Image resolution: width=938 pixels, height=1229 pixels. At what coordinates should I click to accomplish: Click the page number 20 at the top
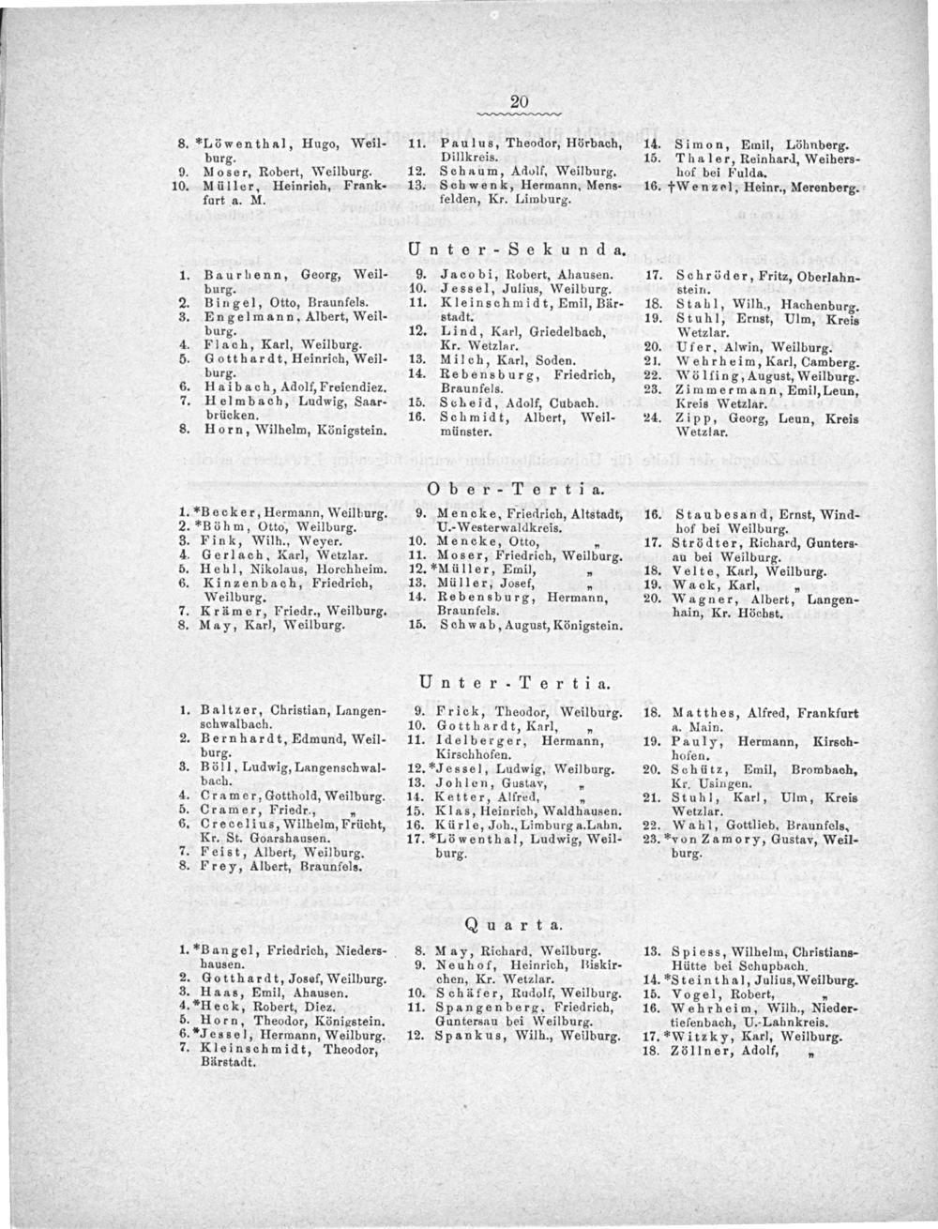coord(522,101)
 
